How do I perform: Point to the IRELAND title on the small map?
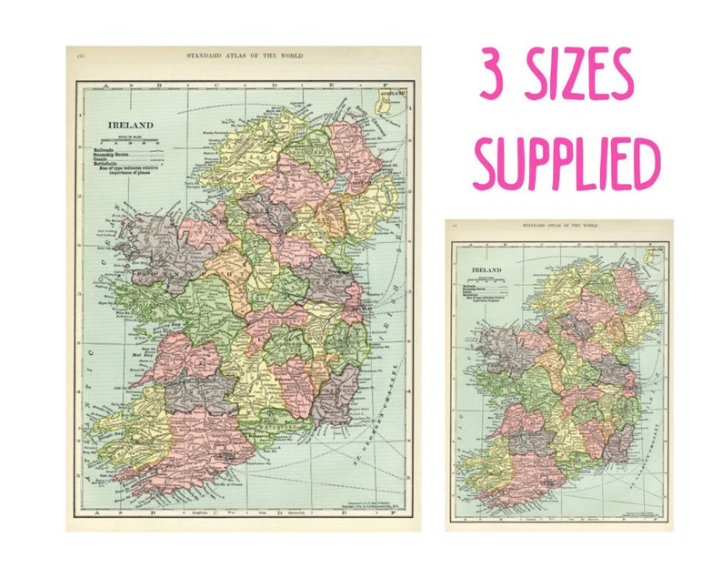coord(486,271)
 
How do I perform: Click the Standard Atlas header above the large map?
coord(245,56)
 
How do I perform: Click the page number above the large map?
coord(81,56)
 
